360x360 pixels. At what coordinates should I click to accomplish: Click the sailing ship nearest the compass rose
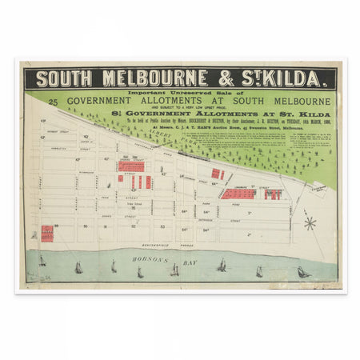[x=303, y=272]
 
